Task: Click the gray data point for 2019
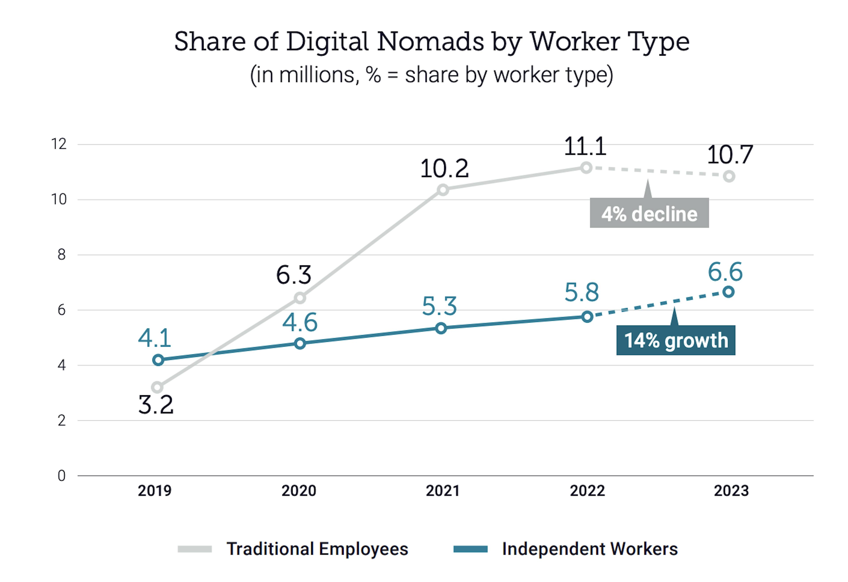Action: [157, 387]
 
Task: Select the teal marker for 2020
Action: [300, 343]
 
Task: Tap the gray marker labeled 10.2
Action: [443, 190]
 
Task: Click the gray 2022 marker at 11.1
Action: [586, 168]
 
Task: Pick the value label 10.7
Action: [730, 155]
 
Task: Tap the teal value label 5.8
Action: [582, 292]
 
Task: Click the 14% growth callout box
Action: [676, 340]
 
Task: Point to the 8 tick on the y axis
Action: [61, 255]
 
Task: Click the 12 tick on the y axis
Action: [59, 144]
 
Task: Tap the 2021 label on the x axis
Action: [443, 491]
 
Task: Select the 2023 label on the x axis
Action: [731, 491]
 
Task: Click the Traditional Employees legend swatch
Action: [195, 549]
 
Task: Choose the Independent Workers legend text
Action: [590, 549]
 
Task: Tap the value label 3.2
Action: [156, 405]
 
